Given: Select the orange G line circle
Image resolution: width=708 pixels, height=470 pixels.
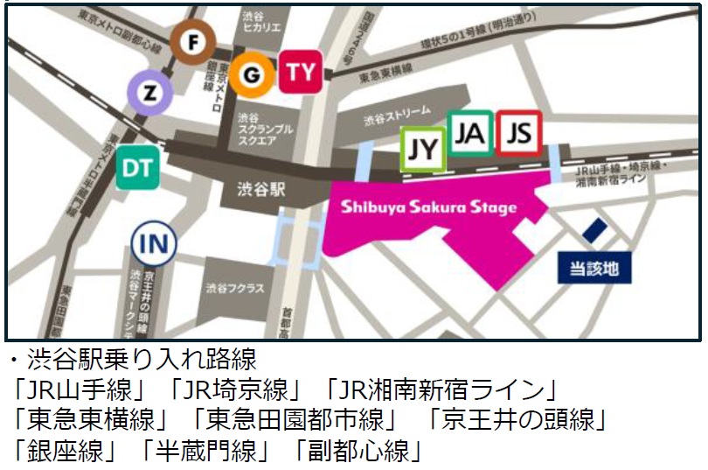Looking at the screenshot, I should coord(252,75).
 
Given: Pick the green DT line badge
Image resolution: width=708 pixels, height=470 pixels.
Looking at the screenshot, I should coord(138,166).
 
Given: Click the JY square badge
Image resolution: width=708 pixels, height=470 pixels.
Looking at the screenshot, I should coord(423,150).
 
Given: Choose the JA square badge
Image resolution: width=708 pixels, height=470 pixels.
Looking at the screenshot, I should coord(470,133).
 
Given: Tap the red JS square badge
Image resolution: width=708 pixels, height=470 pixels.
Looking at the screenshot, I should coord(519,133).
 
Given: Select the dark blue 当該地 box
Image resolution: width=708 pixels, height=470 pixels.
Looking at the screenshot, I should coord(594,269).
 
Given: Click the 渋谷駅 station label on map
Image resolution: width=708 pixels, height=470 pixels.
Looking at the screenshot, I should coord(261,190).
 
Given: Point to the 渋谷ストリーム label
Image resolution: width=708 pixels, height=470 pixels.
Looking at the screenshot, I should coord(397,112).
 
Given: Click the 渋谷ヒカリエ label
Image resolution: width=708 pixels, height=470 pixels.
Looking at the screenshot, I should coord(263,23).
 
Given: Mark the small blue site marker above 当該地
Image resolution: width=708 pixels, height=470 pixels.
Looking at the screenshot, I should coord(595,231).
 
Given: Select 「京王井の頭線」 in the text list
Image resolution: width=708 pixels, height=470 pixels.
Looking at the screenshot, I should coord(515,418).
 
